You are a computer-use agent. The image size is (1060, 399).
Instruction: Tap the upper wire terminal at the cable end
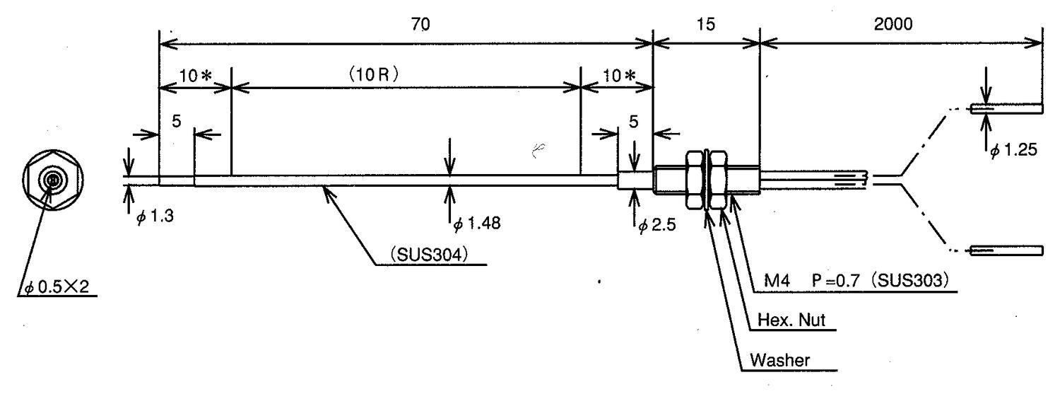1006,109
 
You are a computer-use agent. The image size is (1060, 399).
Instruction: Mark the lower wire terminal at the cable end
1006,250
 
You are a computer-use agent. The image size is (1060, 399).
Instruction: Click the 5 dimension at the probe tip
177,122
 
